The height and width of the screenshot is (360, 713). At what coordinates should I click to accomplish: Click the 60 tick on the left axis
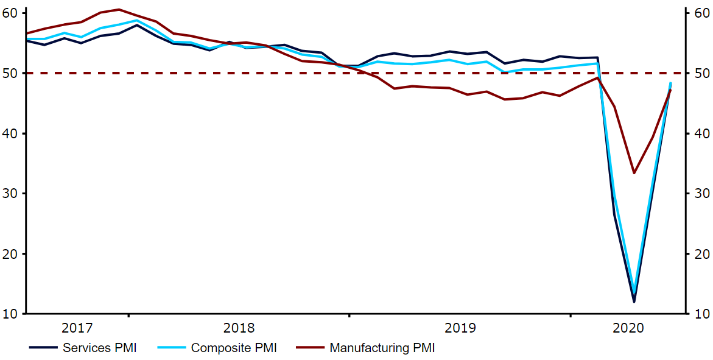(x=23, y=13)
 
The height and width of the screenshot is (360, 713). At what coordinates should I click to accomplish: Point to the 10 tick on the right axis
(x=689, y=314)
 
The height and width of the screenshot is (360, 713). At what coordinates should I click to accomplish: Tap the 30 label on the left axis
(x=10, y=193)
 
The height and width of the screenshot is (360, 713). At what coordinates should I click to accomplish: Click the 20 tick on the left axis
(x=23, y=253)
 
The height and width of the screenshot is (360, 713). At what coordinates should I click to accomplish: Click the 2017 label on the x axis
(x=77, y=328)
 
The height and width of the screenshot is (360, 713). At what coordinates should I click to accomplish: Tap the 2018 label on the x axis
(x=239, y=328)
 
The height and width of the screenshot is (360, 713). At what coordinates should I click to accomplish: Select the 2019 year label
(x=460, y=328)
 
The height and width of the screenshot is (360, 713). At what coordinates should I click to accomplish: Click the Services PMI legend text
(x=99, y=348)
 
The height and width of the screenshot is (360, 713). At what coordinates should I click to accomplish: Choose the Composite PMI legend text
(x=234, y=348)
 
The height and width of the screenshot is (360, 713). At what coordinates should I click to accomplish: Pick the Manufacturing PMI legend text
(x=382, y=348)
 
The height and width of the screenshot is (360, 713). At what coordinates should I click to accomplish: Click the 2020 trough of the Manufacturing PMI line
(x=634, y=174)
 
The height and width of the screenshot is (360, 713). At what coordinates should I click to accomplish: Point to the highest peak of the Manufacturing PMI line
(x=119, y=10)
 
